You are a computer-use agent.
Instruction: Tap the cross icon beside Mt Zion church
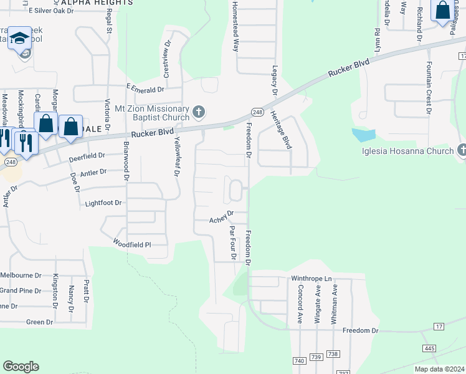(x=199, y=112)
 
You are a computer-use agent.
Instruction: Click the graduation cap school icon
(x=20, y=39)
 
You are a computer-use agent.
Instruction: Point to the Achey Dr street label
(x=221, y=216)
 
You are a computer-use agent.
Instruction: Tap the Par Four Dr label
(x=233, y=242)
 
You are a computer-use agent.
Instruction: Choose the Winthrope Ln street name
(x=312, y=279)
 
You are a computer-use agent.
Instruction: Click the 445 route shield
(x=429, y=348)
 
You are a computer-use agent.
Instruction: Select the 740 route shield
(x=299, y=361)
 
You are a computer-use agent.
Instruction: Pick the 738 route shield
(x=333, y=354)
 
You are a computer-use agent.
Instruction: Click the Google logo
(x=21, y=367)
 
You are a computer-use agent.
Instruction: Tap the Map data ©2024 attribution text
(x=439, y=369)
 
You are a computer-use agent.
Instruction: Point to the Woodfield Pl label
(x=132, y=244)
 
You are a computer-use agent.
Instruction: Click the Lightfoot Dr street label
(x=103, y=203)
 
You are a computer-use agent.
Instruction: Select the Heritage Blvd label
(x=281, y=130)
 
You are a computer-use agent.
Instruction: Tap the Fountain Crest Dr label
(x=429, y=88)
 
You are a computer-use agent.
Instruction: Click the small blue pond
(x=364, y=135)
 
